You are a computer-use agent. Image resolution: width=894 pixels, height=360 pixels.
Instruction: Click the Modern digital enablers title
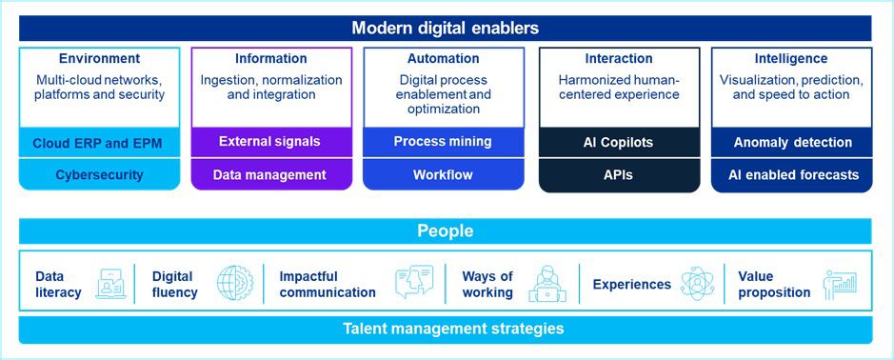445,28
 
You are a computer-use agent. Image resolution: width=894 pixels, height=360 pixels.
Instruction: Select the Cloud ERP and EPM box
99,143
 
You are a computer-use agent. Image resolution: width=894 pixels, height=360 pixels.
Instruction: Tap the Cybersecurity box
99,174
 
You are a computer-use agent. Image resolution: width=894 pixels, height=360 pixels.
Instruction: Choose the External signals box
271,142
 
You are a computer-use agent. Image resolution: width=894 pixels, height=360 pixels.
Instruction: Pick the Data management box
271,174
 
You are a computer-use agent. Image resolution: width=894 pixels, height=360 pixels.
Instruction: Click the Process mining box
443,142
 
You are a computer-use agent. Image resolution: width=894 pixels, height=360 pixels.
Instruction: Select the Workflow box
443,174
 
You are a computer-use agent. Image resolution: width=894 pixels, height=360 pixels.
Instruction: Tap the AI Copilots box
619,143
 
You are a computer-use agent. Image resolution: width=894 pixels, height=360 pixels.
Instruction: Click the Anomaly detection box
792,143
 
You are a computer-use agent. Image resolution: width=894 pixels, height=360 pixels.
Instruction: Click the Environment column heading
99,59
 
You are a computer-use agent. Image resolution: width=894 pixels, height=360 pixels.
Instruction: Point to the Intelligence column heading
791,59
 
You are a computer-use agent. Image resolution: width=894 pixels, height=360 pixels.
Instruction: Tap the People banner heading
446,231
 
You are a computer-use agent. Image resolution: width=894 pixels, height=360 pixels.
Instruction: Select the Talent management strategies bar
446,330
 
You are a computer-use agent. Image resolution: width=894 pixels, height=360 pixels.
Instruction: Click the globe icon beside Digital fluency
234,283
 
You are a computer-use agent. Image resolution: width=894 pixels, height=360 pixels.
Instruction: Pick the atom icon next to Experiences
697,284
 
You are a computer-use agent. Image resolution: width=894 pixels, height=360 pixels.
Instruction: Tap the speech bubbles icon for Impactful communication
414,282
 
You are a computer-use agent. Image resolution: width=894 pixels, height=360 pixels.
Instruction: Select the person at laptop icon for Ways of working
547,284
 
